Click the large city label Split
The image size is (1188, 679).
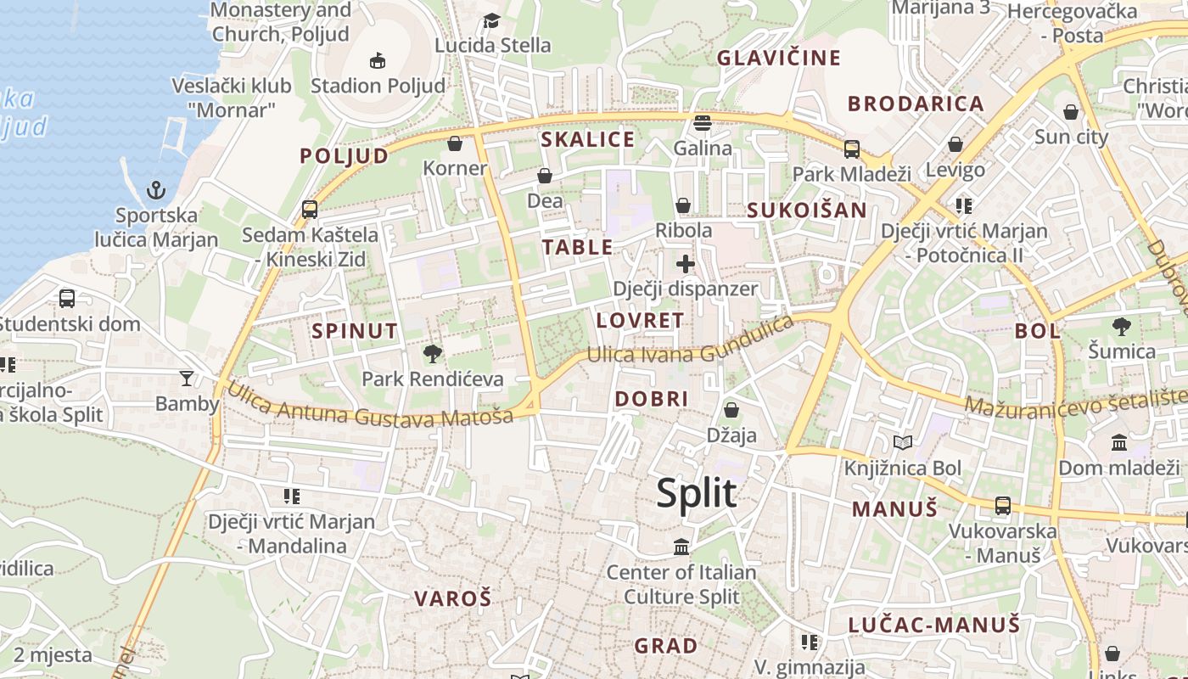pos(696,493)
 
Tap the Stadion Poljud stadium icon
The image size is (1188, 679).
pos(378,60)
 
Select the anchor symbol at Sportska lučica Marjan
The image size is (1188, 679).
pos(155,189)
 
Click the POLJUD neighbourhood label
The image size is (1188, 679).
pos(344,155)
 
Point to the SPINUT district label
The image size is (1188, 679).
pos(355,331)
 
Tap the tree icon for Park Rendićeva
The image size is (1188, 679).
pos(433,354)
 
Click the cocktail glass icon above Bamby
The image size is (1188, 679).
pos(187,378)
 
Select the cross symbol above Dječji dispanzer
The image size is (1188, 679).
pos(686,264)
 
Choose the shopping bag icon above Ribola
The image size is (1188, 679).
pos(683,205)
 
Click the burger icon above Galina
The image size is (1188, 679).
pos(702,123)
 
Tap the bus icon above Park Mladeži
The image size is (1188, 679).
pos(851,149)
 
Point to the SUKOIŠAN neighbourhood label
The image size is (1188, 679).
pos(807,210)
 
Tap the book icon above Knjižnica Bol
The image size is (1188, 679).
pos(903,442)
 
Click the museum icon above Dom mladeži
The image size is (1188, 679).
pos(1118,442)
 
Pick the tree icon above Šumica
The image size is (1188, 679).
pos(1122,326)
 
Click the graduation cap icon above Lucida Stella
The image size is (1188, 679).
pos(491,20)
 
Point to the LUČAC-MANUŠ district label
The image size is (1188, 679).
pos(933,626)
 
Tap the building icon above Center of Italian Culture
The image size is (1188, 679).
pos(681,547)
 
